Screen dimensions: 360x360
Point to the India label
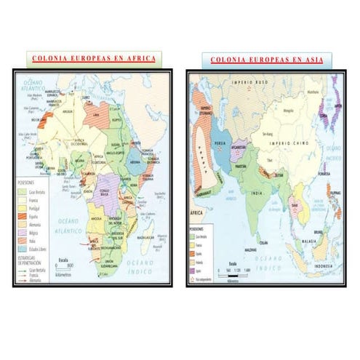(x=256, y=192)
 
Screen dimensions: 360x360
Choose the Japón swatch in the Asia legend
(x=194, y=270)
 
